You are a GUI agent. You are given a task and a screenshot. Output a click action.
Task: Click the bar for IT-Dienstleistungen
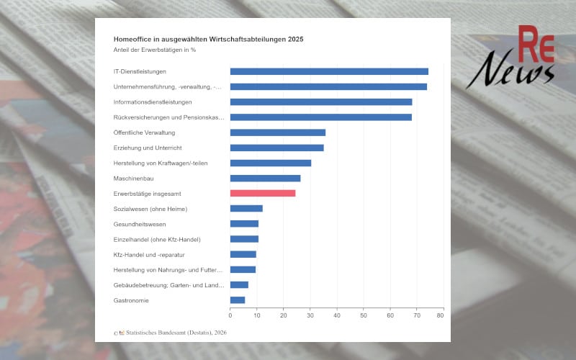coord(329,71)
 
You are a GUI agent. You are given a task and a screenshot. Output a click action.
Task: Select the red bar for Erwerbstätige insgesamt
coord(263,193)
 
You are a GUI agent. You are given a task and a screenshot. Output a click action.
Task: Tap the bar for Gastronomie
coord(238,300)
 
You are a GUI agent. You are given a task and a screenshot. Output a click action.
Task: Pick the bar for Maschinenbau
coord(265,178)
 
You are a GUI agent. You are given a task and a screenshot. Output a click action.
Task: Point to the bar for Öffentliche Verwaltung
coord(278,132)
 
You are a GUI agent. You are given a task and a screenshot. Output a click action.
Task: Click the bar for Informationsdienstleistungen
coord(321,102)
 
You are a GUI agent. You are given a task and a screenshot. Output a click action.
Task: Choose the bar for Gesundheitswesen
coord(244,224)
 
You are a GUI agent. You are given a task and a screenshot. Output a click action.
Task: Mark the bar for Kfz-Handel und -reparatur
coord(243,254)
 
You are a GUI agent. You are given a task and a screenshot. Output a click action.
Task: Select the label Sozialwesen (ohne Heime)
coord(150,209)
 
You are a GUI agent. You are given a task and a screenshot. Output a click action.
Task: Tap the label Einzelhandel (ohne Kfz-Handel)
coord(157,239)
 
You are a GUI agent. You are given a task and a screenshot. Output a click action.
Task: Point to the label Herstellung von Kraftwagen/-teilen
coord(161,163)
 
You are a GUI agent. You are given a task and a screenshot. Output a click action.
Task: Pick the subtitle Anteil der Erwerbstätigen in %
coord(155,50)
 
